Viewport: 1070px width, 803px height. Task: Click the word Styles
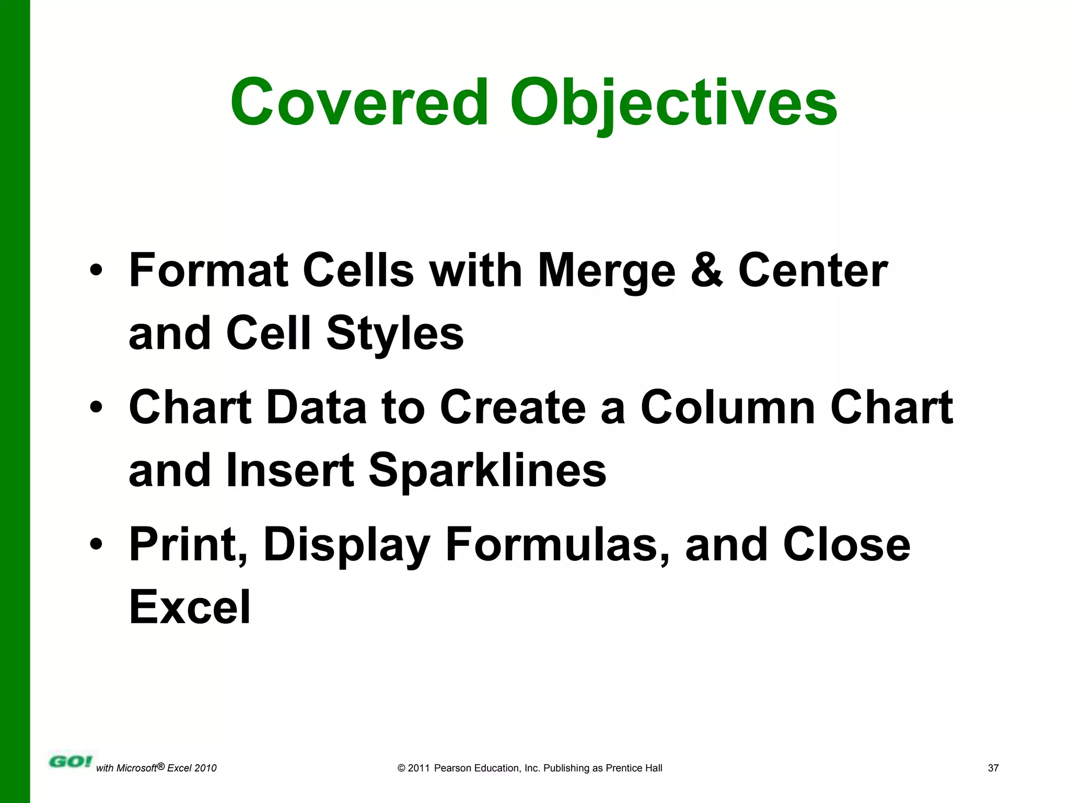395,334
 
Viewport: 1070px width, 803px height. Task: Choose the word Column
728,407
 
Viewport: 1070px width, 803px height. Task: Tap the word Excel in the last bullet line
190,607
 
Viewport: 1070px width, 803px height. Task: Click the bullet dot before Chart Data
96,407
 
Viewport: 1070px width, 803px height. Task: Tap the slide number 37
993,768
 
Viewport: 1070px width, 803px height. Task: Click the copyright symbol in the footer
401,768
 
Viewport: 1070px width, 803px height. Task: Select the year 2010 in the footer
205,768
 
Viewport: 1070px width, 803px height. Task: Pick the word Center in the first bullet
813,270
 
